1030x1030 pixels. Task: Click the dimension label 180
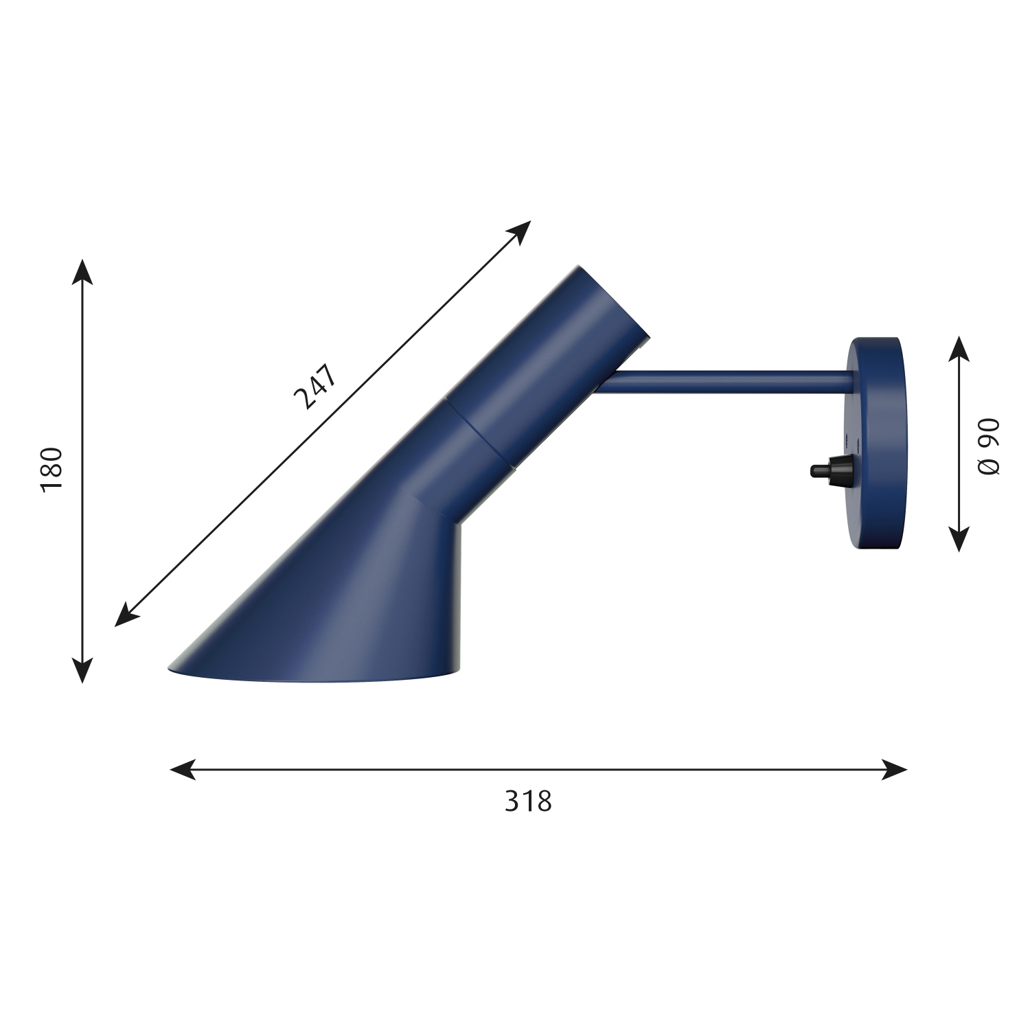[x=51, y=468]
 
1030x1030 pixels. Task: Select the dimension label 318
[x=528, y=801]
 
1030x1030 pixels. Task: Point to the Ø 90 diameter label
[x=989, y=446]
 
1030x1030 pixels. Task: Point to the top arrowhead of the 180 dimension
[x=82, y=271]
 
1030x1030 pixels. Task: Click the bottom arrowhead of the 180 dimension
[x=82, y=671]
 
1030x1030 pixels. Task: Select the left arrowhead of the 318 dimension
[x=182, y=769]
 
